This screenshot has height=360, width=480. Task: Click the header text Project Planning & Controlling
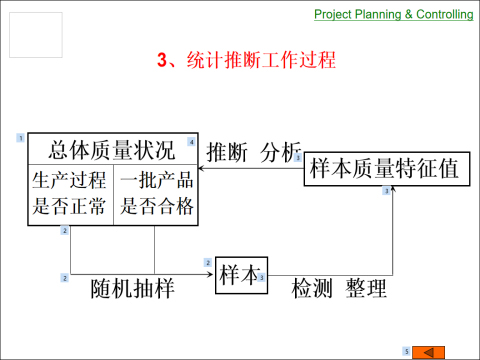click(x=394, y=13)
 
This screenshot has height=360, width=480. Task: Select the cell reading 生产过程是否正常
click(x=69, y=194)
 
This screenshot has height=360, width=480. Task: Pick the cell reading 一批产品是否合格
click(x=156, y=194)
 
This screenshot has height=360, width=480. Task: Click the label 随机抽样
click(x=132, y=291)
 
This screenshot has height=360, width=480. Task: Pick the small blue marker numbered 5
click(x=406, y=350)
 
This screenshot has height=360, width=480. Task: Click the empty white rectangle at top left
click(x=34, y=35)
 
